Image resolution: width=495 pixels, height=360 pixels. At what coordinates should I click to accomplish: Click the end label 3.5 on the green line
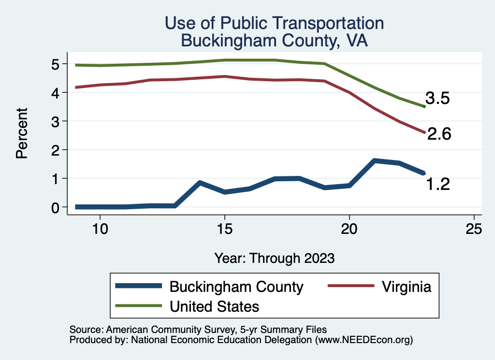tap(437, 99)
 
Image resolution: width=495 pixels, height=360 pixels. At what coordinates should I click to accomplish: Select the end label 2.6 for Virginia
tap(439, 134)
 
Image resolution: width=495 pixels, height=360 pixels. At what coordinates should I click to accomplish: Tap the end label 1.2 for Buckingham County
tap(438, 184)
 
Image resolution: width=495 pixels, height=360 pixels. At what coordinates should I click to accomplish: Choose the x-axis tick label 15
tap(224, 229)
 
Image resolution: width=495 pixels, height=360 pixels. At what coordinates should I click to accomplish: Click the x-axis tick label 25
tap(474, 229)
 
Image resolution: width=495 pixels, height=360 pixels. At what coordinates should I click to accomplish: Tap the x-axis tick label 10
tap(100, 229)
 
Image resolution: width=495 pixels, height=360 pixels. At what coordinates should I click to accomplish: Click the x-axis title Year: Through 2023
tap(275, 258)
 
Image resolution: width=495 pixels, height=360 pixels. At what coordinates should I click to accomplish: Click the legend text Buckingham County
tap(236, 287)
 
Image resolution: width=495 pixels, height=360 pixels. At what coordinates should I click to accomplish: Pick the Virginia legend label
tap(406, 287)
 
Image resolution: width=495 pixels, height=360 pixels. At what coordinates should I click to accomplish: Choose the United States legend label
tap(214, 306)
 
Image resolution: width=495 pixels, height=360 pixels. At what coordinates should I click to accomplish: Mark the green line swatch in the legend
tap(138, 305)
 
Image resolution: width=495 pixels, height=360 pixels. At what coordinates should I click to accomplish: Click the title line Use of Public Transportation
tap(274, 23)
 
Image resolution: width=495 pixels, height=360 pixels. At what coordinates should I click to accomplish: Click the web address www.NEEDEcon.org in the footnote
tap(364, 340)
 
